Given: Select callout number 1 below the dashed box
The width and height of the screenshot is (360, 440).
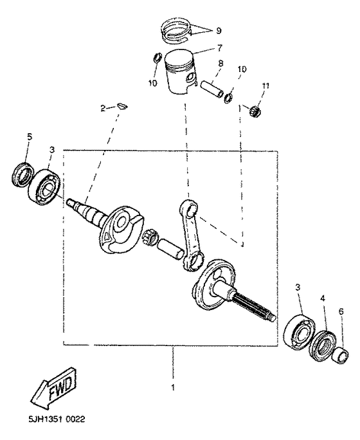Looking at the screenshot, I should click(x=172, y=387).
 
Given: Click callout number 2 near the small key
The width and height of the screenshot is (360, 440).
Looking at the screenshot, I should click(x=102, y=109).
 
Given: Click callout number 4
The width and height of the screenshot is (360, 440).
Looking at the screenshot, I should click(x=323, y=298).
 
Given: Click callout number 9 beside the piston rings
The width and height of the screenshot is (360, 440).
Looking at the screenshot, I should click(x=218, y=30).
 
